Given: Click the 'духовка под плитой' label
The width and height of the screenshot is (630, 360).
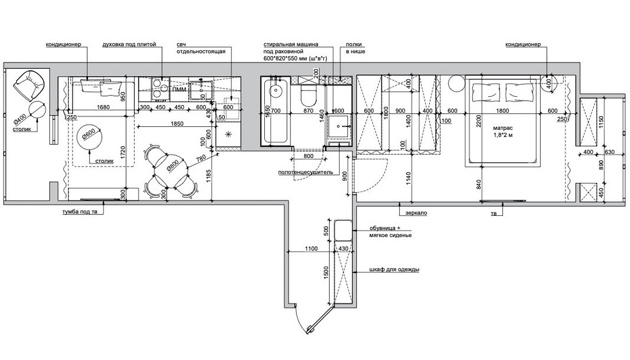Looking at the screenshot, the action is point(129,44).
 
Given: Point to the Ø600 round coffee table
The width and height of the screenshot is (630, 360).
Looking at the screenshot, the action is point(89,136).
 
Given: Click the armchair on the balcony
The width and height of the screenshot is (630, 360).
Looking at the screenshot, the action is point(31,85).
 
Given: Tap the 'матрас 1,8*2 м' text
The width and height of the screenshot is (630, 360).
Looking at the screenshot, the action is point(503,131).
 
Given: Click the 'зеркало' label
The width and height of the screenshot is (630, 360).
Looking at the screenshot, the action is point(416,213).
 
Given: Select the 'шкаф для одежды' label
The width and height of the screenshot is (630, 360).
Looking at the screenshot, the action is point(394,270).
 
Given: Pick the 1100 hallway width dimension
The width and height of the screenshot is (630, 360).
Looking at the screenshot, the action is point(312,249).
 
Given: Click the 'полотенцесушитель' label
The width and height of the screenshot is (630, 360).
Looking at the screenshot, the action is point(306,172).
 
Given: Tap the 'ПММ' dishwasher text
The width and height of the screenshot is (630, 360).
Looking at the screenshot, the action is point(179,90).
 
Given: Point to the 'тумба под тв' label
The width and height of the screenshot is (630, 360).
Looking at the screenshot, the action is point(80,211).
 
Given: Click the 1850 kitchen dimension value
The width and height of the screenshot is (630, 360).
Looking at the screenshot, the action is point(177,123).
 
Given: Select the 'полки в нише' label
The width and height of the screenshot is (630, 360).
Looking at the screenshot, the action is point(355,48).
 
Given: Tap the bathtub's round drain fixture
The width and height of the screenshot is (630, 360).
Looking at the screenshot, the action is point(276,90).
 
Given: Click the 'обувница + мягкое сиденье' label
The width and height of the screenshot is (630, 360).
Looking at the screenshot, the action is point(391,232).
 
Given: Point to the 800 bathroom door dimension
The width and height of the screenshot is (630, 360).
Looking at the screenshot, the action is point(309,156).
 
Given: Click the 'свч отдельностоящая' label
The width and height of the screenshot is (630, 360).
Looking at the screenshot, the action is point(201,48).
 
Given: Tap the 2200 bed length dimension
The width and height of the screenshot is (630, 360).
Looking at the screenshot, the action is point(479,120).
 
